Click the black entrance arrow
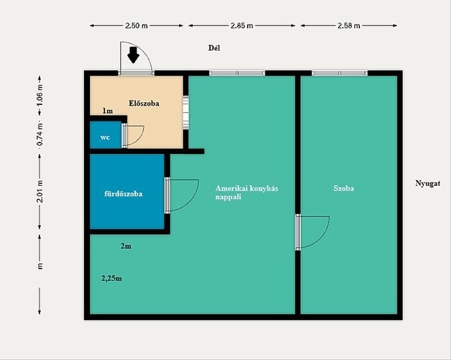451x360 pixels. (133, 55)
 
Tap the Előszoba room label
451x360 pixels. (144, 103)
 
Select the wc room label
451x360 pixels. (105, 138)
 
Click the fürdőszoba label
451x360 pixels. (123, 194)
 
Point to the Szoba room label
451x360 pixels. (344, 188)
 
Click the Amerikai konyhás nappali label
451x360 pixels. (247, 192)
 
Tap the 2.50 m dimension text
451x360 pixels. (136, 26)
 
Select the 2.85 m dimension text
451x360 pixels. (242, 26)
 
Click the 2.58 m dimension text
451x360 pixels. (349, 26)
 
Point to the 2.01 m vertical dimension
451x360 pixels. (40, 191)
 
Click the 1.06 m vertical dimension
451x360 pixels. (40, 95)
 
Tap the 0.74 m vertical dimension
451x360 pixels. (40, 134)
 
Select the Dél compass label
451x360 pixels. (214, 48)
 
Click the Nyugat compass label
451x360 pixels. (428, 183)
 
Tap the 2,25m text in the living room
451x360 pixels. (112, 278)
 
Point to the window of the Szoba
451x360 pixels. (339, 73)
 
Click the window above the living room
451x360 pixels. (237, 73)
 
